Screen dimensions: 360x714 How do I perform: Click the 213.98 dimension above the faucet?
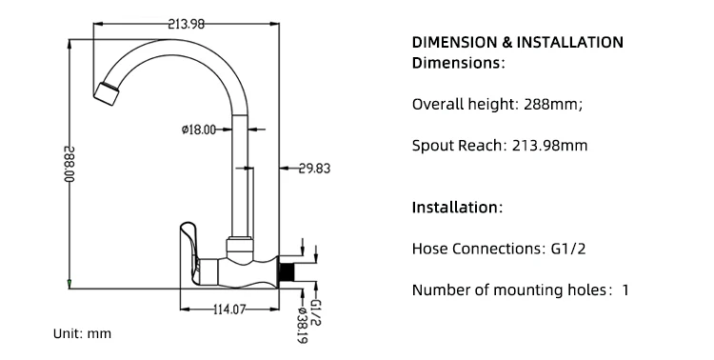click(187, 25)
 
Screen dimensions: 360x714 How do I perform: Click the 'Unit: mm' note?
click(82, 334)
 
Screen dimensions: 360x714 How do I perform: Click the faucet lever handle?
click(188, 244)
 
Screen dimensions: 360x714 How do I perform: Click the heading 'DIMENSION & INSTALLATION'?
click(517, 43)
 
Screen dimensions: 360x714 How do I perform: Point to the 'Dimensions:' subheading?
click(458, 63)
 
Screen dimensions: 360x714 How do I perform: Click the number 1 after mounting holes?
click(625, 290)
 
